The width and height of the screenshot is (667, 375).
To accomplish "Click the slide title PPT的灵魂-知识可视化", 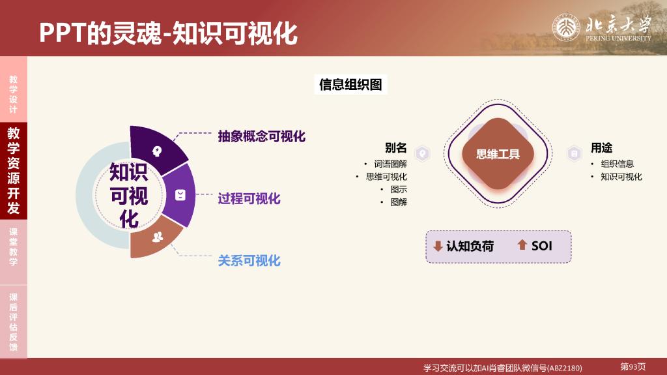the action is coord(169,33).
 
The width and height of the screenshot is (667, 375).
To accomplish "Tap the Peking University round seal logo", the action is coord(566,27).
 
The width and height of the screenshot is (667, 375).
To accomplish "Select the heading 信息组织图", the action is coord(350,84).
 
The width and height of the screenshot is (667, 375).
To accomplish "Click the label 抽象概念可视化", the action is coord(262,136).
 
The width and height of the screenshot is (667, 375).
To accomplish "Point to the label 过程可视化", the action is coord(249,198).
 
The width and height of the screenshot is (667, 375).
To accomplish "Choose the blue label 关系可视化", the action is coord(249,260).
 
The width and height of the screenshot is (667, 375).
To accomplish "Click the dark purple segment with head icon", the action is coord(156,149).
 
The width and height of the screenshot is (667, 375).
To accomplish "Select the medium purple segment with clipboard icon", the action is coord(180,195).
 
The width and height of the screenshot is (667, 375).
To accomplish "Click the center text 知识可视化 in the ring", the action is coord(128,196).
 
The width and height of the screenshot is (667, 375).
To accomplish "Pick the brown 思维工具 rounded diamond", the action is coord(498,154).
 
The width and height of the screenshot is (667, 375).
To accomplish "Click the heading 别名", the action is coord(395,148).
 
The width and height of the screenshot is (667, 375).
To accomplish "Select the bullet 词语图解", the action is coord(391,164).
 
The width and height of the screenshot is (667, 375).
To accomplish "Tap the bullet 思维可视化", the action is coord(386,177).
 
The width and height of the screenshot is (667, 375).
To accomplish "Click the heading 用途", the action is coord(601,148).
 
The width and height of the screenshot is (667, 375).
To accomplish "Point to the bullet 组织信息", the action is coord(617,164).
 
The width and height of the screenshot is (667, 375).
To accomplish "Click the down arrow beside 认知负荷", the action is coord(438,246).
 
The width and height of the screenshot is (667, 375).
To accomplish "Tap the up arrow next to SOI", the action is coord(522,244).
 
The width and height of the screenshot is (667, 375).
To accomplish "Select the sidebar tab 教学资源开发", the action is coord(13,170).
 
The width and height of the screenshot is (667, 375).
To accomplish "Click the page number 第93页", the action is coord(633,367).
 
